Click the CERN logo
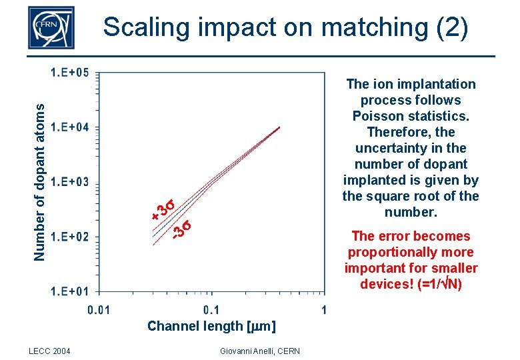51,27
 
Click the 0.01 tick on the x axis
99,309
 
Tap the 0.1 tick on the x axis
211,309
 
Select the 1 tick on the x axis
323,309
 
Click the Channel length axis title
211,326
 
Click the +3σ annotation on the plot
163,209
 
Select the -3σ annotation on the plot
181,229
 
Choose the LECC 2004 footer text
51,351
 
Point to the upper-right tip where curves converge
279,127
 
